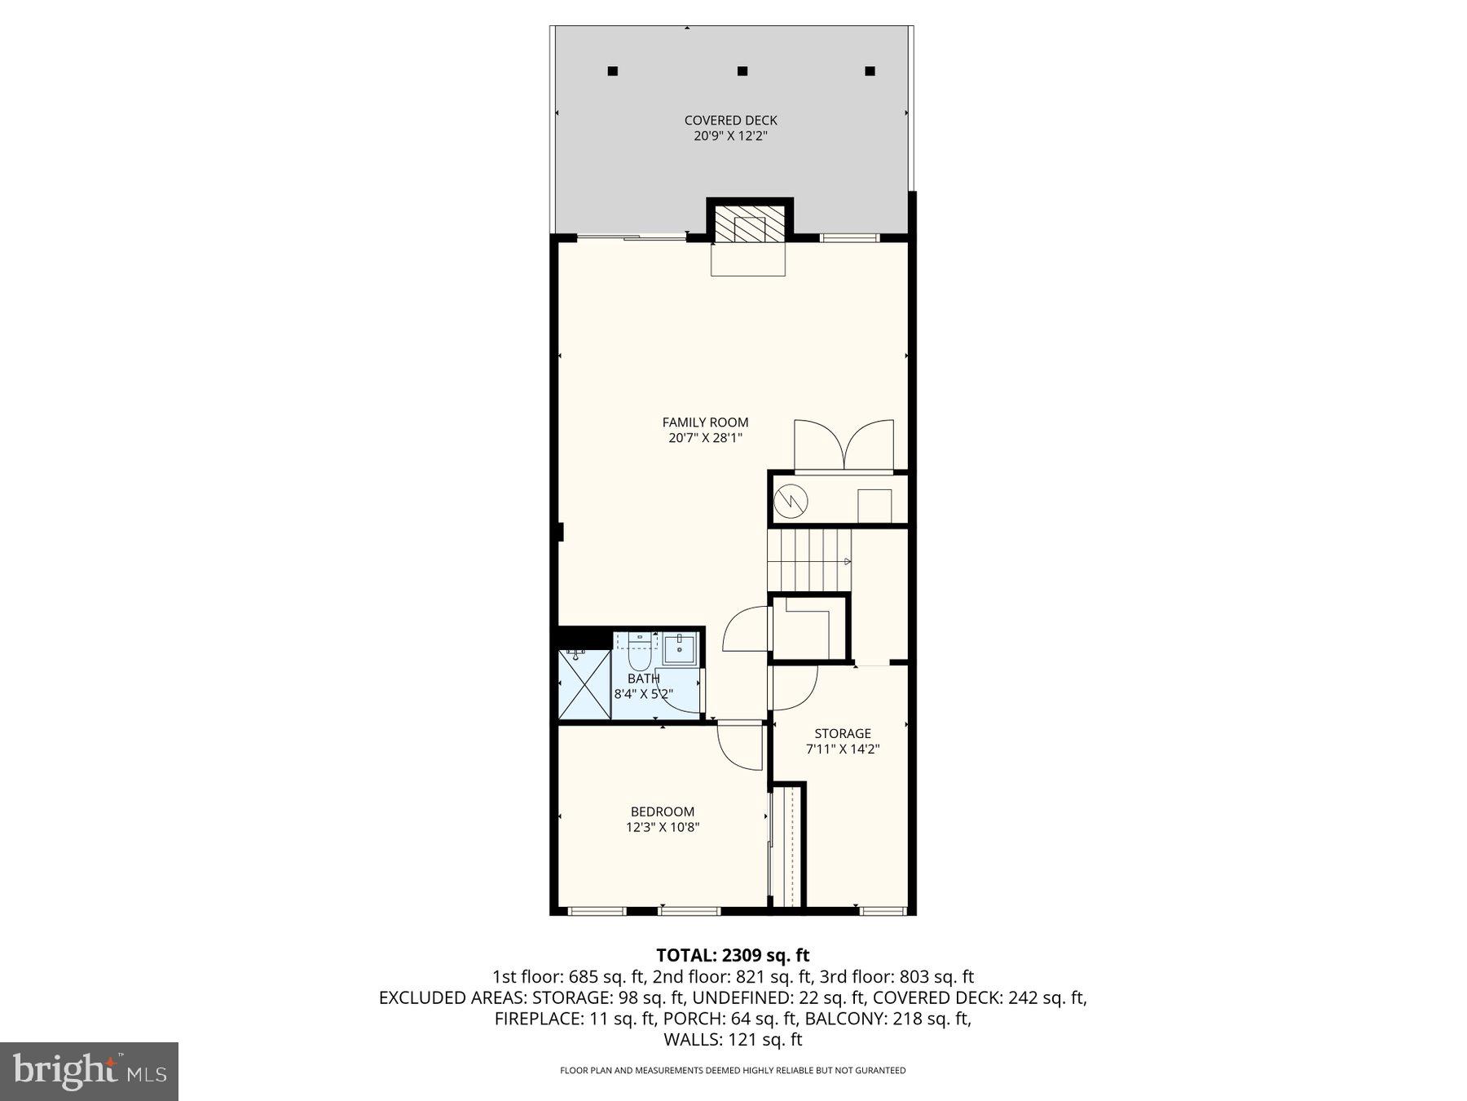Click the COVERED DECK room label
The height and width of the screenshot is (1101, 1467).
[x=730, y=121]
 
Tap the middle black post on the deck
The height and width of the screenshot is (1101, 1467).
[x=742, y=71]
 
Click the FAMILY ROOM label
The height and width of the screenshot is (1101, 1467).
[x=705, y=422]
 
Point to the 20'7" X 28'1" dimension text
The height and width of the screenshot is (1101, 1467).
[x=705, y=438]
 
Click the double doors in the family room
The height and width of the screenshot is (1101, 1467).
[x=844, y=446]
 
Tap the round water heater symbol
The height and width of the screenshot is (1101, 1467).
[x=790, y=500]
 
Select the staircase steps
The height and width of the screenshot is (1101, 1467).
[x=809, y=560]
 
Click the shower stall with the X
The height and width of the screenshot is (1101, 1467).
[x=584, y=683]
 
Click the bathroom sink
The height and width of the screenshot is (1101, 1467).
[x=679, y=650]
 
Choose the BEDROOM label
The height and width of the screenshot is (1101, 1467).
[x=662, y=811]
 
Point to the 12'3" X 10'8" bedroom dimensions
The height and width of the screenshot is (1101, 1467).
[x=662, y=827]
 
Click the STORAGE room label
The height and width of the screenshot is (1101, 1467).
[x=843, y=733]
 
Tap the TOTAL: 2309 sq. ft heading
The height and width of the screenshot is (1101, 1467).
[x=733, y=955]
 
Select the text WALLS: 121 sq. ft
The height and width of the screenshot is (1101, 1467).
[x=733, y=1040]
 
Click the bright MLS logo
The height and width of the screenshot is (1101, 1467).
[x=89, y=1071]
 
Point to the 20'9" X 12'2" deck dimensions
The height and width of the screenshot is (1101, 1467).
[x=730, y=136]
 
